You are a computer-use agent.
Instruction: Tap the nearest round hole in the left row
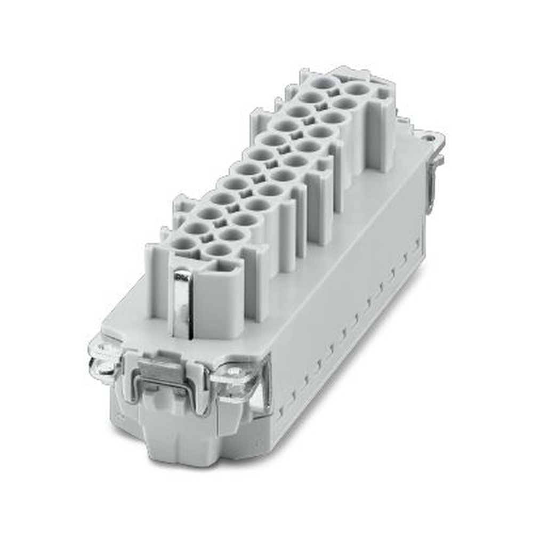pos(184,245)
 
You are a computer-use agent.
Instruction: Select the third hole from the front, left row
pos(211,214)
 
